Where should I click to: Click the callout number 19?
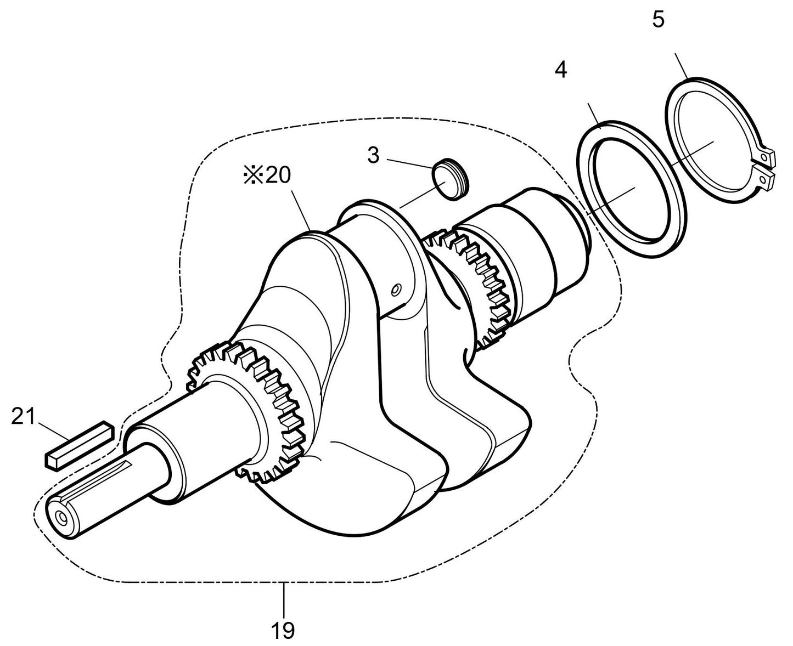pos(283,630)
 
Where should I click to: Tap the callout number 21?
pos(23,417)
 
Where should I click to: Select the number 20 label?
pos(278,176)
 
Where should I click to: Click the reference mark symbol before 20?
pos(252,176)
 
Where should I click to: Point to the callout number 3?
pos(373,155)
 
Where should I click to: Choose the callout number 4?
pos(560,70)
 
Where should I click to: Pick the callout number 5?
pos(658,20)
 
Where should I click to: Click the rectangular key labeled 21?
pos(78,444)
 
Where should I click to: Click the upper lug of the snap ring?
pos(768,157)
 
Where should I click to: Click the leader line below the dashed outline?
pos(284,601)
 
